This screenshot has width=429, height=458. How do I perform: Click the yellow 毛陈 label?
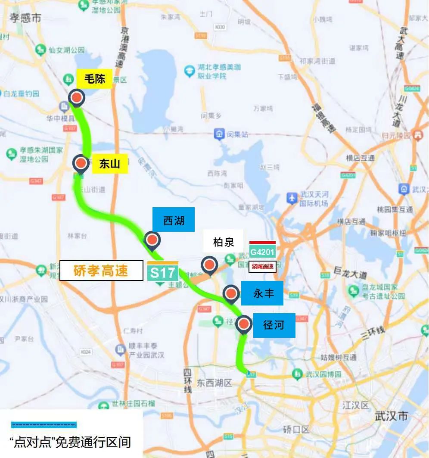(94, 79)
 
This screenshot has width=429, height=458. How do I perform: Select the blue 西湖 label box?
(173, 220)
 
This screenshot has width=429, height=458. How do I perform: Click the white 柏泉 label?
(224, 242)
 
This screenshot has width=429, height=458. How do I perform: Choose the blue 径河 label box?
(274, 325)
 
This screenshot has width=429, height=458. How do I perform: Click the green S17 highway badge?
(163, 272)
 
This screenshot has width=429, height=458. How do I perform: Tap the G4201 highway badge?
(262, 251)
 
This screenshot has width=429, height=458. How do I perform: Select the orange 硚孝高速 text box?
(101, 271)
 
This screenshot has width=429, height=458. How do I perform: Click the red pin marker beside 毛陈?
(77, 98)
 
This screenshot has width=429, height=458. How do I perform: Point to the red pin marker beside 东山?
(81, 163)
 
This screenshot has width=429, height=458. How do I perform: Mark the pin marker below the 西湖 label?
(152, 240)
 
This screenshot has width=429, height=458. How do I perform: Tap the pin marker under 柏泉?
(210, 265)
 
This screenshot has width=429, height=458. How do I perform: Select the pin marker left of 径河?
(245, 324)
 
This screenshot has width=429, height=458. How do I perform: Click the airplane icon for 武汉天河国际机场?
(292, 198)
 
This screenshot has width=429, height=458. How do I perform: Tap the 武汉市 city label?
(392, 416)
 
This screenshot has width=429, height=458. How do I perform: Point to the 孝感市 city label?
(26, 18)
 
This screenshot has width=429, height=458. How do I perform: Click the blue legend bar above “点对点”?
(44, 425)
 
